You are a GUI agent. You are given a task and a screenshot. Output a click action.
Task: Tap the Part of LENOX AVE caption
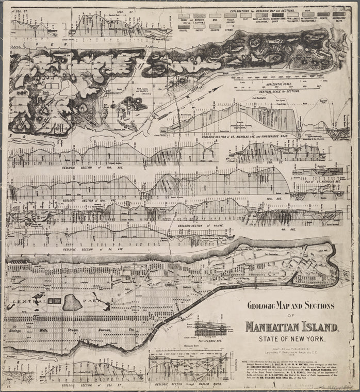pos(210,341)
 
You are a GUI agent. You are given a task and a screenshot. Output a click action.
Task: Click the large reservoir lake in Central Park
pos(72,302)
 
